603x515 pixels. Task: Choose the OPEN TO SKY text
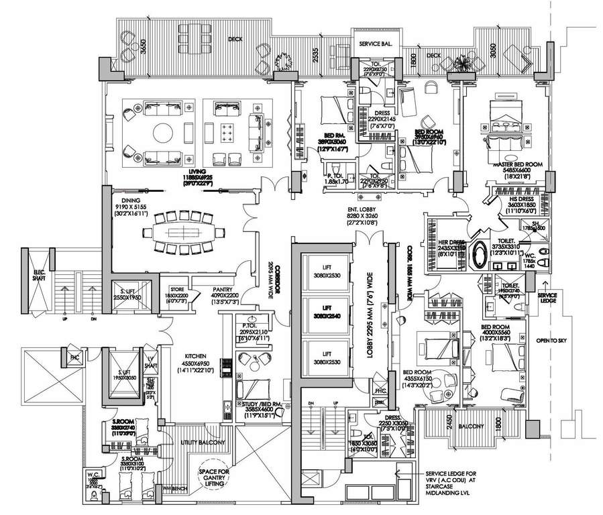(551, 341)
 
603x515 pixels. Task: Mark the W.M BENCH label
(180, 488)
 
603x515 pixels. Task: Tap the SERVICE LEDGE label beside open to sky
(546, 297)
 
